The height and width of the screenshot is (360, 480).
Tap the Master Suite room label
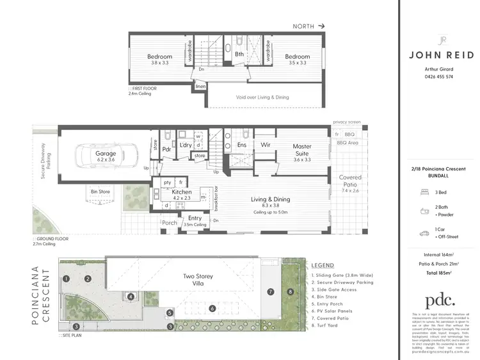click(x=302, y=150)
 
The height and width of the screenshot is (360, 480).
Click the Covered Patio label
click(x=350, y=181)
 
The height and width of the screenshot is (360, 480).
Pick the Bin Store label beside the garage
click(x=101, y=191)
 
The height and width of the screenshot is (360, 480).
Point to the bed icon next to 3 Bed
click(x=424, y=191)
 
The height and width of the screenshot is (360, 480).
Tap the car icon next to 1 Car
click(x=424, y=233)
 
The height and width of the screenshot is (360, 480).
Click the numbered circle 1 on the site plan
click(x=66, y=279)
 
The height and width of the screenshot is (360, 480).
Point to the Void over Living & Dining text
click(x=262, y=97)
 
